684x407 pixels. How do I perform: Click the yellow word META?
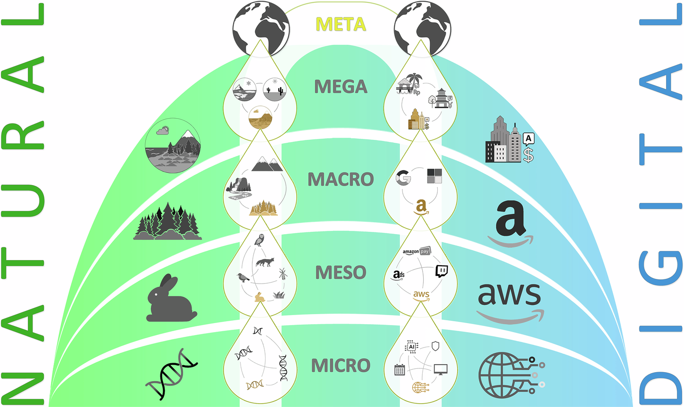coord(340,24)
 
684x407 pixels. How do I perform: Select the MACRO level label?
coord(341,179)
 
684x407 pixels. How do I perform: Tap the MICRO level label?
coord(341,366)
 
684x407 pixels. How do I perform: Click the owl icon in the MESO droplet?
coord(259,240)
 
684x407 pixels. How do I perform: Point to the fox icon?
coord(265,261)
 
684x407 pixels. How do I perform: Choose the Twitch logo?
coord(441,271)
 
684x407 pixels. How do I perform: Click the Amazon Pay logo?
coord(417,252)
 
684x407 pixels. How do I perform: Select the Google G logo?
coord(403,178)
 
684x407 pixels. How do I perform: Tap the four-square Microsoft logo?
coord(434,176)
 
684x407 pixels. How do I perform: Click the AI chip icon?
coord(411,347)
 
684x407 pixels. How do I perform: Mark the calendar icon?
coord(400,369)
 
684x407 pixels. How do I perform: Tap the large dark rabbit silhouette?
coord(170,300)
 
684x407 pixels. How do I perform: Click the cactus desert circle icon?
coord(274,90)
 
